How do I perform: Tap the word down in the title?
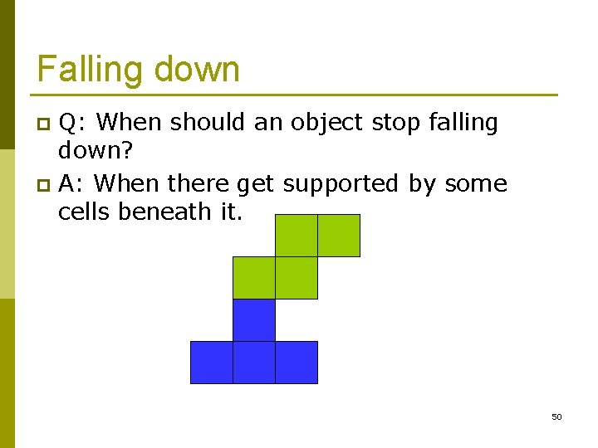click(x=199, y=70)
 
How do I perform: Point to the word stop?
click(x=397, y=123)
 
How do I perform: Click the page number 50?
click(x=556, y=416)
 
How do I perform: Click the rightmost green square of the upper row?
click(x=339, y=236)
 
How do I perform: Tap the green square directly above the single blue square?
click(x=253, y=278)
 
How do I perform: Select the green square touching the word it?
click(x=296, y=236)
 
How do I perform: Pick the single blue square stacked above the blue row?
click(x=253, y=320)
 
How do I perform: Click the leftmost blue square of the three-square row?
click(x=211, y=363)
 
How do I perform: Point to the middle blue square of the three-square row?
click(x=253, y=363)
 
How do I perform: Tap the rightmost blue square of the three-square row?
click(x=297, y=363)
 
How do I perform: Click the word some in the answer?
click(x=476, y=183)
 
